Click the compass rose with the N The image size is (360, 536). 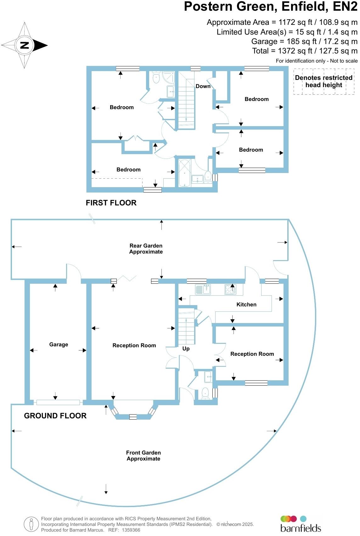[x=25, y=45]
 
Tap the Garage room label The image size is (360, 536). [x=59, y=344]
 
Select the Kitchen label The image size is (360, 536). [x=246, y=304]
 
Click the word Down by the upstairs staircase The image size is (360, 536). [x=203, y=86]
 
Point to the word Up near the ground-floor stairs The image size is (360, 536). [x=186, y=349]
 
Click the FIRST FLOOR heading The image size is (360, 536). [x=111, y=203]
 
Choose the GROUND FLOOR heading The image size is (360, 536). [x=55, y=416]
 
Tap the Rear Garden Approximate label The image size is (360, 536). [x=146, y=248]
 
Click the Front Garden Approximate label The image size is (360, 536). [x=143, y=455]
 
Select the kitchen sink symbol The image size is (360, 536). [x=203, y=289]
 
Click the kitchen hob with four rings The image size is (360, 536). [x=231, y=289]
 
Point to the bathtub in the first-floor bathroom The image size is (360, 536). [x=185, y=173]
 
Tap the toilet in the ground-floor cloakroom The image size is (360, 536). [x=205, y=394]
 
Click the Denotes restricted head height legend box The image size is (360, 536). [x=324, y=81]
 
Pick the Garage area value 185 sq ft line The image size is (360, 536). [x=304, y=42]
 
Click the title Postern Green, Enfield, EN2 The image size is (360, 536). [x=271, y=7]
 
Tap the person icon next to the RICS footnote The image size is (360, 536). [x=31, y=524]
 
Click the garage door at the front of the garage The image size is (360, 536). [x=58, y=402]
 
